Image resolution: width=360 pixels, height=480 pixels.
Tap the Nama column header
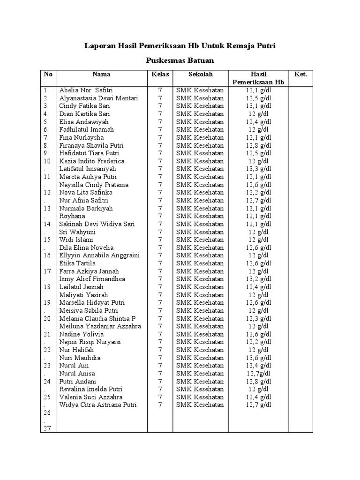[x=101, y=74]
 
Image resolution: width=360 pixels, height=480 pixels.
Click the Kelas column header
[x=159, y=74]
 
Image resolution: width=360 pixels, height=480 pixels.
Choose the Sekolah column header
[x=201, y=74]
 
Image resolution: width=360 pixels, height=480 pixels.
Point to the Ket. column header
[x=300, y=74]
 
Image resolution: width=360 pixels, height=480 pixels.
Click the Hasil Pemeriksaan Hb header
[x=258, y=78]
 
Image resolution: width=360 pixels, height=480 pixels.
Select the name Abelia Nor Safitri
[x=86, y=90]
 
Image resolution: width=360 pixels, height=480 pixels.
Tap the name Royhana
[x=72, y=216]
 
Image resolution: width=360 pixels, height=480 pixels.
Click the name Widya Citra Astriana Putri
[x=97, y=405]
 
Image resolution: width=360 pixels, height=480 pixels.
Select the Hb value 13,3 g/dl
[x=258, y=169]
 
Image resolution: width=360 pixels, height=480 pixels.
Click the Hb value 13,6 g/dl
[x=258, y=358]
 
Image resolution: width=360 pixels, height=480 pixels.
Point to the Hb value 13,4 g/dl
[x=258, y=366]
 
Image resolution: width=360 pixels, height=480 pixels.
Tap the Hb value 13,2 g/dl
[x=258, y=279]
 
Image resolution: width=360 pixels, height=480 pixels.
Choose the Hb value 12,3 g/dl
[x=258, y=318]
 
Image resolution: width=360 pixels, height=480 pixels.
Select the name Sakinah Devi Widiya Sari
[x=97, y=224]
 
